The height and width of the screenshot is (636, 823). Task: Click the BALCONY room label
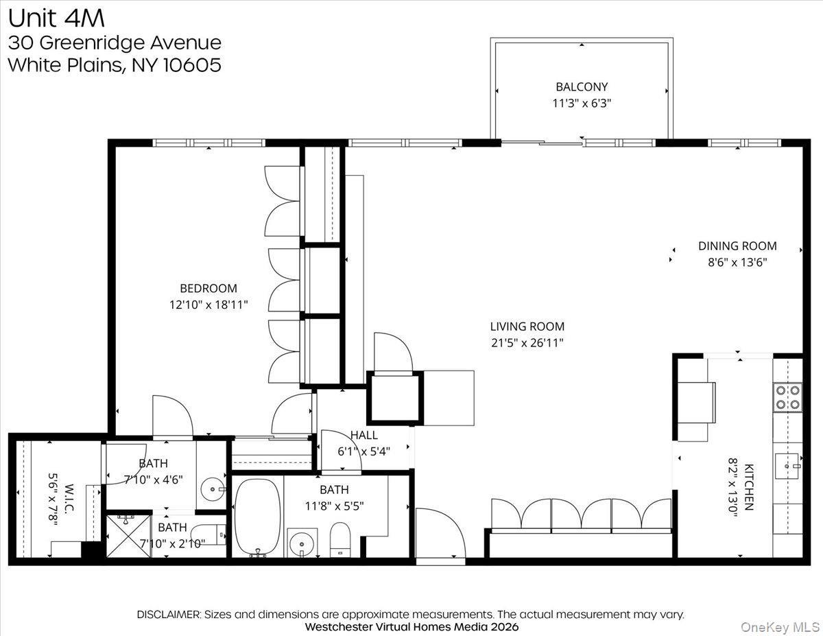click(582, 87)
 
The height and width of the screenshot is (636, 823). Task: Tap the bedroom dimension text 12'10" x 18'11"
click(208, 305)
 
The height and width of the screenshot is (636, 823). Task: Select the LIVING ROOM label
click(527, 327)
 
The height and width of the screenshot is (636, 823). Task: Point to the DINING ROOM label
click(737, 246)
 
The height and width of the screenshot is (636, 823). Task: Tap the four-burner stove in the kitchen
click(788, 397)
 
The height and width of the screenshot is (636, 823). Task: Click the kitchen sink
click(788, 466)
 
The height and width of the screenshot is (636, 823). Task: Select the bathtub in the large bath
click(258, 517)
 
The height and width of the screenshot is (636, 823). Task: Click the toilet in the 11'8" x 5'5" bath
click(340, 539)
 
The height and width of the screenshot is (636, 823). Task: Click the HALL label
click(363, 435)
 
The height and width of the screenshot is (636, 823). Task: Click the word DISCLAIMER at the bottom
click(168, 615)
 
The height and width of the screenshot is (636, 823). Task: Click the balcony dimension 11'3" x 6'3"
click(582, 104)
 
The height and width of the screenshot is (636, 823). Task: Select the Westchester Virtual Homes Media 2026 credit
click(411, 627)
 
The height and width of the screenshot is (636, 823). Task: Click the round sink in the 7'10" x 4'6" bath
click(211, 490)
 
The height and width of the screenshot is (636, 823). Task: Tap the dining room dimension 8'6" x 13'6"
click(737, 262)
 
